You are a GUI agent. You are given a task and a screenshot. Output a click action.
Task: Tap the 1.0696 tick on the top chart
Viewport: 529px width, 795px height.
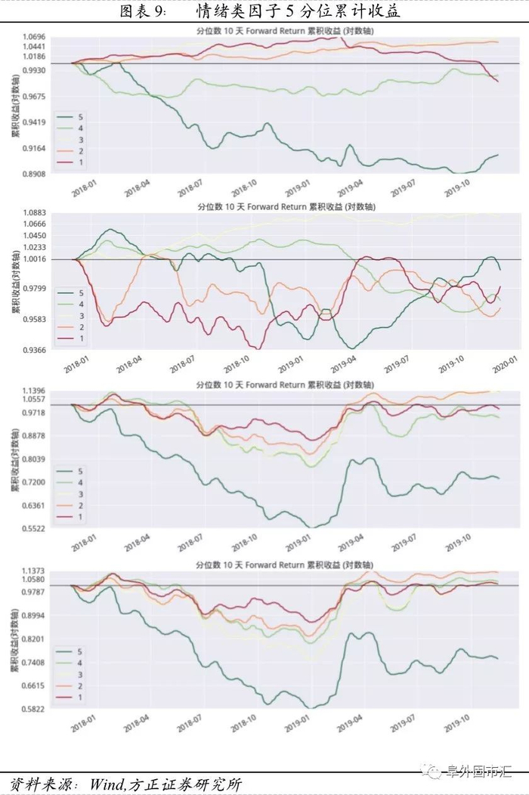[x=35, y=36]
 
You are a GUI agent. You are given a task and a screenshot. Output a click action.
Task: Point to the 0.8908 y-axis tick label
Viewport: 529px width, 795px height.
[x=35, y=174]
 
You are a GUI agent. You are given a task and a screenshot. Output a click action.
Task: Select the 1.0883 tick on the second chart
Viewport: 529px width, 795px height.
[x=35, y=213]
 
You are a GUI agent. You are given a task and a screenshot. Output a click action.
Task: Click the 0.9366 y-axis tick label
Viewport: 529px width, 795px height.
[x=35, y=350]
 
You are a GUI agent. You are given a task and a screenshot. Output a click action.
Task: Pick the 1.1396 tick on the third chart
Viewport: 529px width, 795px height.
[x=35, y=390]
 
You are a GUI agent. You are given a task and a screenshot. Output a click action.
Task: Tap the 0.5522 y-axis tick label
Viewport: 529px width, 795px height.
[x=35, y=528]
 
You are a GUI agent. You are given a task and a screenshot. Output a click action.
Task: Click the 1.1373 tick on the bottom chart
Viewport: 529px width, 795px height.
[x=35, y=571]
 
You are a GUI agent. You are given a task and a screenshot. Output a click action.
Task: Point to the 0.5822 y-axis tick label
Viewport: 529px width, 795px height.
[x=35, y=709]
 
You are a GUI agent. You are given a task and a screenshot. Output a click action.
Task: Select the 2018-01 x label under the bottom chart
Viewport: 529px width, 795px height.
[x=82, y=727]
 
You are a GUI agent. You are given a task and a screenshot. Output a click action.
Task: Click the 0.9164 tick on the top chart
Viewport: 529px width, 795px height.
[x=35, y=148]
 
